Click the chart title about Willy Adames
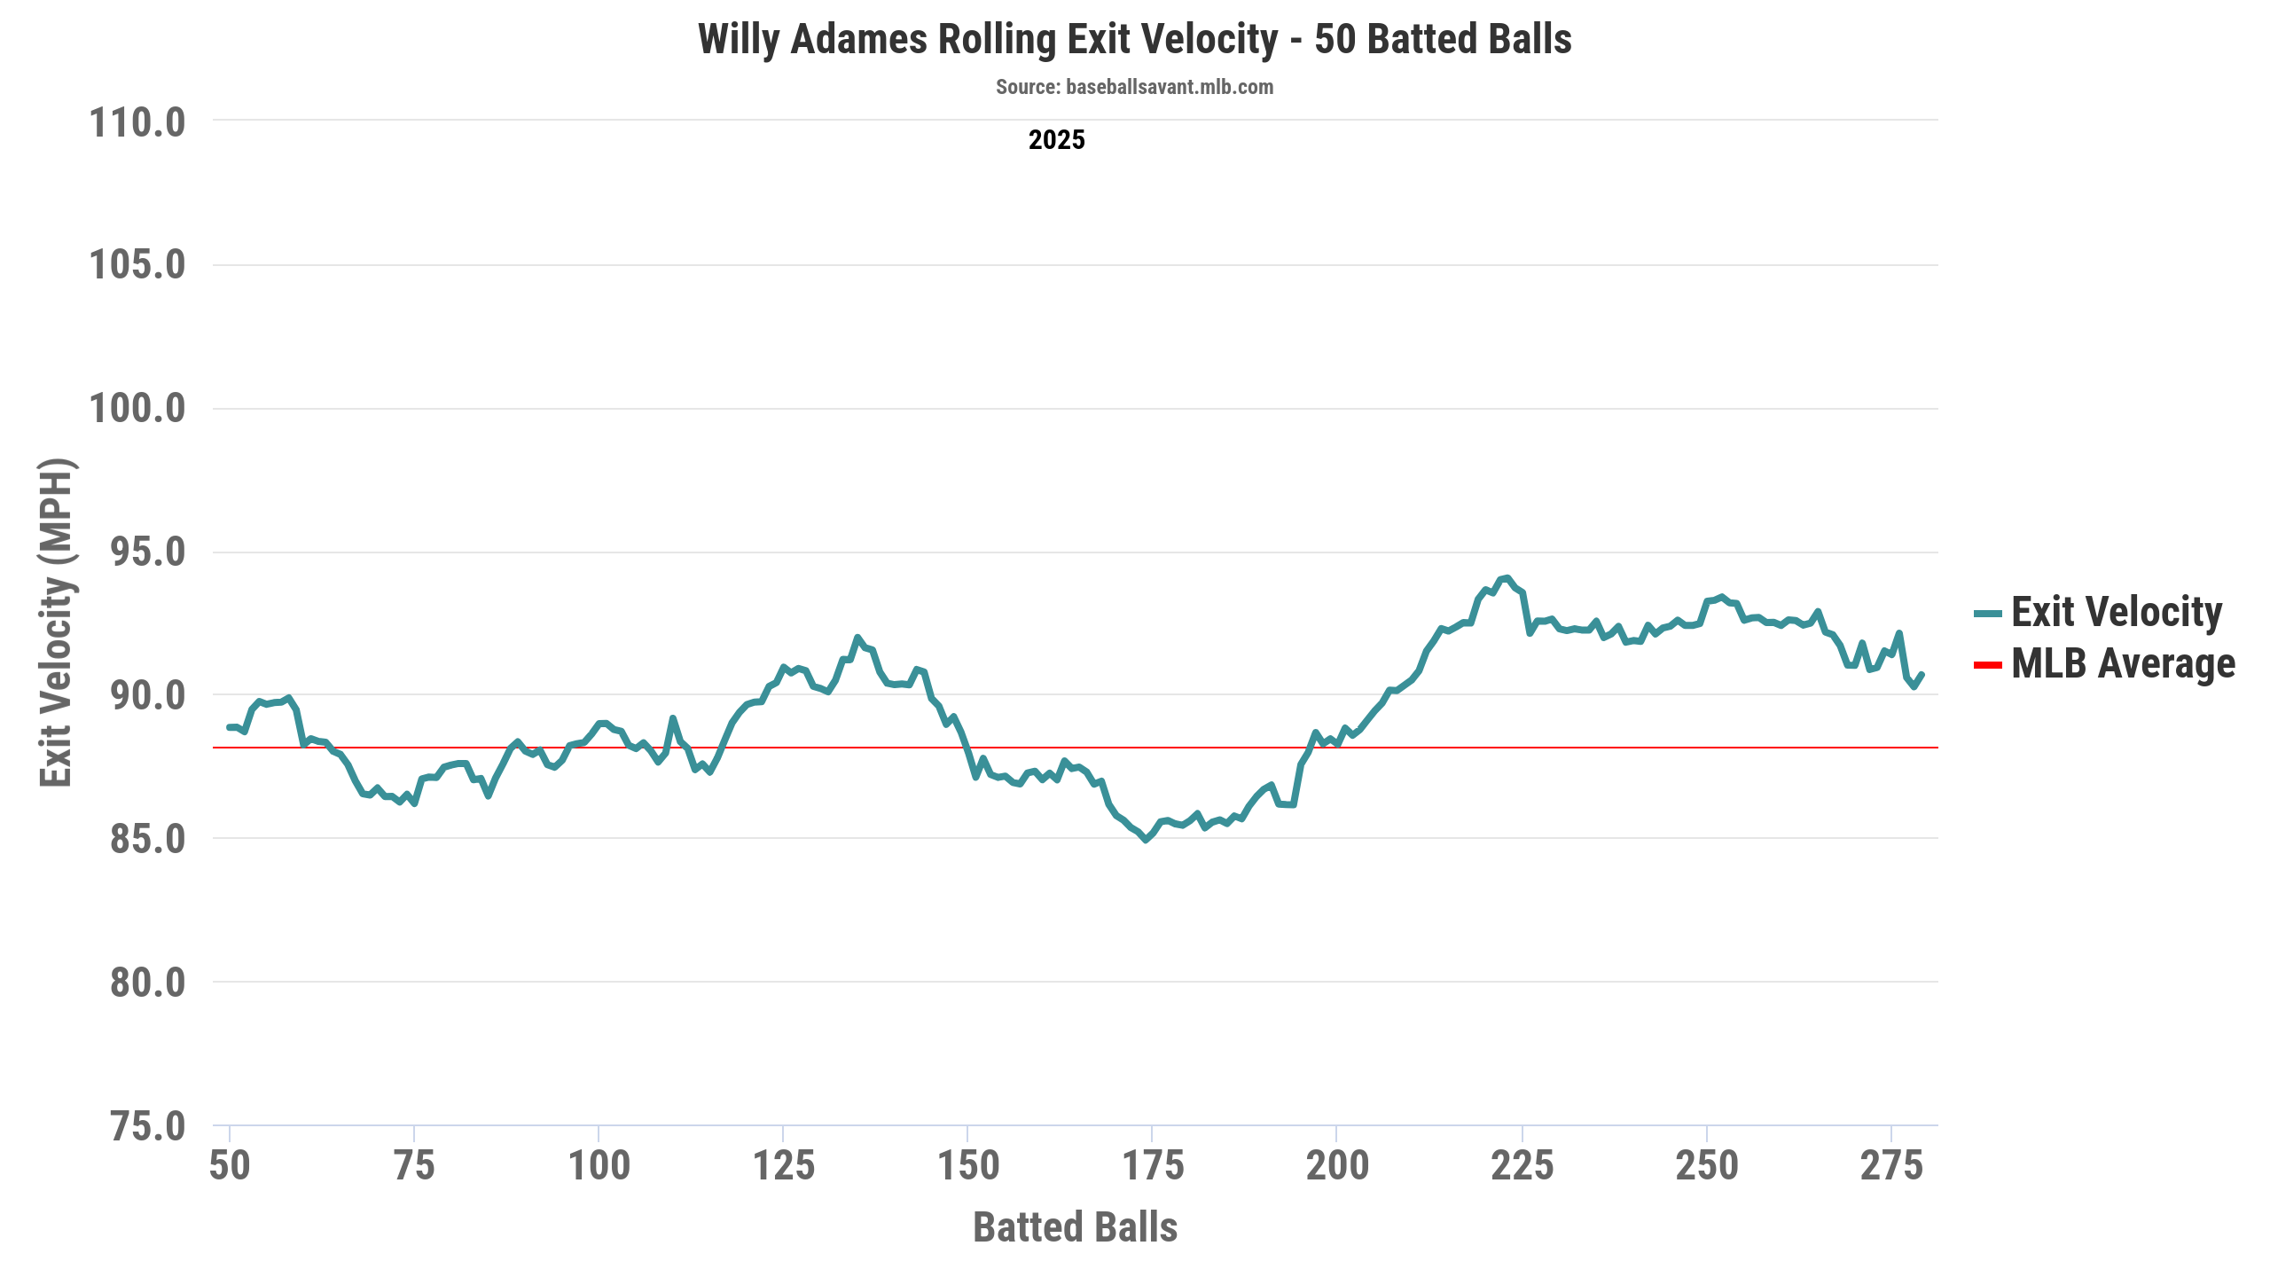(x=1134, y=40)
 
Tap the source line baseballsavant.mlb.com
(x=1134, y=87)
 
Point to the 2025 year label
(x=1056, y=140)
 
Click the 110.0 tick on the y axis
(x=137, y=122)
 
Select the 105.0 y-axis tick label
(x=137, y=265)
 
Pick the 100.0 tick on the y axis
(x=137, y=409)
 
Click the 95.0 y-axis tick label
(x=147, y=552)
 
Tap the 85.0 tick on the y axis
(x=147, y=839)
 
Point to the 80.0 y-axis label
(x=147, y=983)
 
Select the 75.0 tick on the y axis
(x=147, y=1126)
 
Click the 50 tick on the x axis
(x=230, y=1165)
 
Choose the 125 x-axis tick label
(x=784, y=1165)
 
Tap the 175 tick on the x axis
(x=1153, y=1165)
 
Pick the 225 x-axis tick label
(x=1522, y=1165)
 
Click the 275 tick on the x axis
(x=1891, y=1165)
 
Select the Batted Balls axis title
(x=1075, y=1227)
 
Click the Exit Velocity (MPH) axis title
(x=56, y=623)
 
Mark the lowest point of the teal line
(x=1146, y=839)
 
